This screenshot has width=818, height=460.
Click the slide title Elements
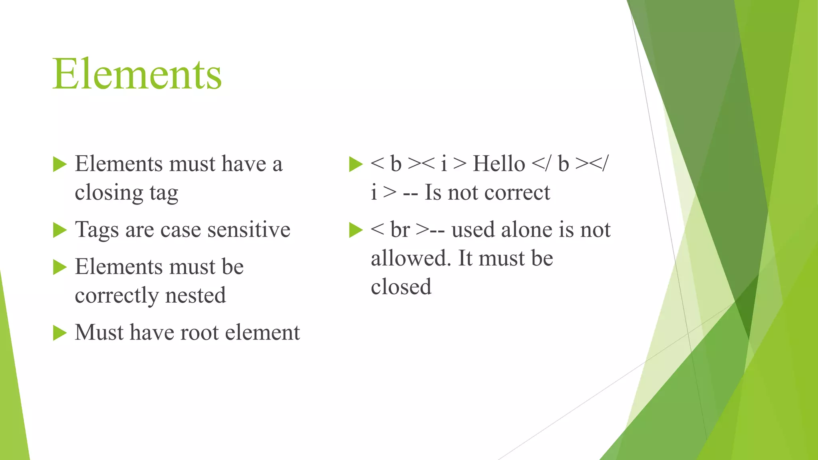click(x=137, y=74)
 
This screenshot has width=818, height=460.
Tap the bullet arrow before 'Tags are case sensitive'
click(x=60, y=230)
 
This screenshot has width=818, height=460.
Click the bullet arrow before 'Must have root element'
click(x=60, y=333)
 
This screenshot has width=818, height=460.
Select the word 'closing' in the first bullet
click(x=109, y=193)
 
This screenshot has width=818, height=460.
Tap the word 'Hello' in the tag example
click(x=499, y=164)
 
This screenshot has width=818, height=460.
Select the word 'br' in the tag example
click(x=400, y=230)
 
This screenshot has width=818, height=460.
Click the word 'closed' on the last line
click(x=401, y=287)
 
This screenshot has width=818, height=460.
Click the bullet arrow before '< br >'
click(x=355, y=230)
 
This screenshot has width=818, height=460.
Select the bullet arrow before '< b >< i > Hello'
click(x=355, y=164)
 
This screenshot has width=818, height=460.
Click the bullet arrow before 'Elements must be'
click(x=60, y=267)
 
